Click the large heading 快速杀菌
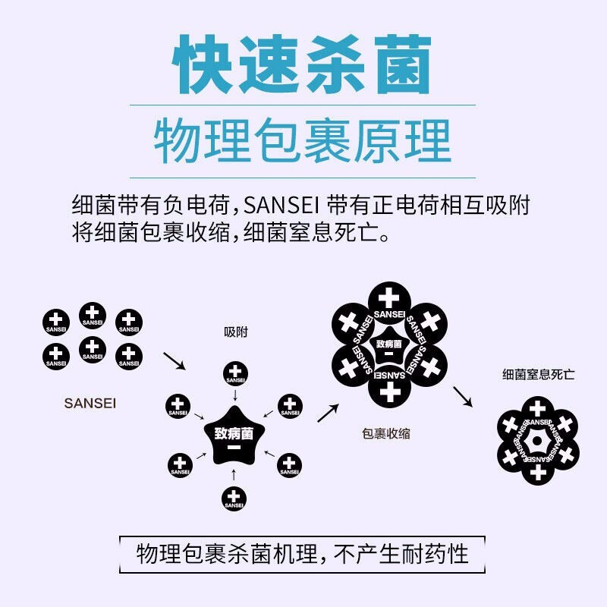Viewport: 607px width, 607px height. coord(302,64)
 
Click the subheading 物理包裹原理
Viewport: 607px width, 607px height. coord(302,141)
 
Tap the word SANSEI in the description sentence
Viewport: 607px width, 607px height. coord(281,205)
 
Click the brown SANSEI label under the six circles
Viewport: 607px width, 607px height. coord(90,404)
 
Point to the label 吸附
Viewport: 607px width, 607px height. coord(236,332)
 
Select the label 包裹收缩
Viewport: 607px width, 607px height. coord(386,433)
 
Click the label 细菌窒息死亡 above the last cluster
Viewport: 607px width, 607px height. coord(538,374)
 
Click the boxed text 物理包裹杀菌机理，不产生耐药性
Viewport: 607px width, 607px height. coord(302,554)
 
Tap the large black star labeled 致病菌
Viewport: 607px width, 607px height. coord(234,436)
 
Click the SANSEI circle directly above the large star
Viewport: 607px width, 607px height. coord(235,373)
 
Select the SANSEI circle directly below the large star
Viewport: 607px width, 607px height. coord(234,498)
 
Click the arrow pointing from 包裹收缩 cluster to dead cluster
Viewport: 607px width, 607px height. coord(463,396)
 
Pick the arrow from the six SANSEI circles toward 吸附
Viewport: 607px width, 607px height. coord(175,361)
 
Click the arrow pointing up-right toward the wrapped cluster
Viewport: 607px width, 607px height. coord(328,413)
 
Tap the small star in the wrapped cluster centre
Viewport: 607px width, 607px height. coord(389,346)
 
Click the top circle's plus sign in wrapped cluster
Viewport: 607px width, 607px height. coord(388,297)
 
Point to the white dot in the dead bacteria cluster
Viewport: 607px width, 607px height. coord(537,441)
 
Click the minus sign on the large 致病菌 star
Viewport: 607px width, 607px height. coord(234,448)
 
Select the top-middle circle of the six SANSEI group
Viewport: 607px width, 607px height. coord(92,316)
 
